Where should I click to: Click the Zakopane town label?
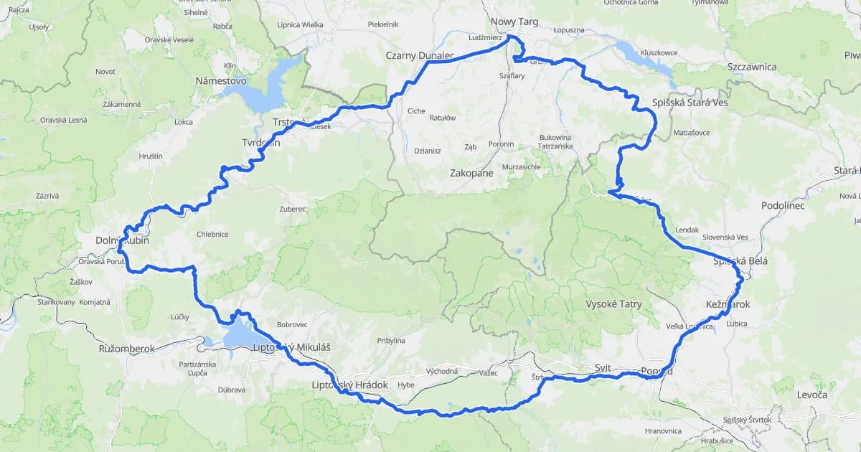click(x=471, y=174)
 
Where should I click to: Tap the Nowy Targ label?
click(x=514, y=22)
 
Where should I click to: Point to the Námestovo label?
click(x=221, y=81)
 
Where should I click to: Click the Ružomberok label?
click(x=127, y=349)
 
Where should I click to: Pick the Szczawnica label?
click(x=751, y=67)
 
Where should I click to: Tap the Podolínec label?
click(x=783, y=206)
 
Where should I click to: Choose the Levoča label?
click(x=811, y=395)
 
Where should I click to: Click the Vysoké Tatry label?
click(x=613, y=304)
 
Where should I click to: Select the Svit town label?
click(x=603, y=367)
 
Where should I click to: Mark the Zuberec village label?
click(x=293, y=209)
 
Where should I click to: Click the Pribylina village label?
click(x=391, y=341)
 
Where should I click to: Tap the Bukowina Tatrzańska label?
click(x=555, y=141)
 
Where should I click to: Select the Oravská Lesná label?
click(x=63, y=120)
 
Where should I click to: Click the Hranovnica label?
click(x=663, y=431)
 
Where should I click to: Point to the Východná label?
click(x=442, y=371)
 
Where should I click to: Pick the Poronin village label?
click(x=501, y=144)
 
